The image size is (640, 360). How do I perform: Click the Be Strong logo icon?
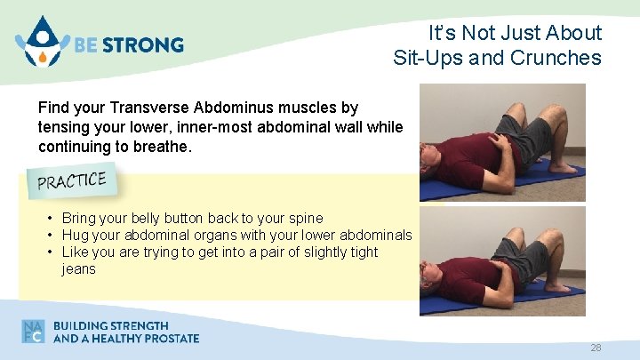tap(38, 42)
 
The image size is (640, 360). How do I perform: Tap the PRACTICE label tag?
tap(72, 181)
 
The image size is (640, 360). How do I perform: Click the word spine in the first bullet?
tap(304, 218)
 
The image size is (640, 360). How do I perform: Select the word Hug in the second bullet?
tap(76, 235)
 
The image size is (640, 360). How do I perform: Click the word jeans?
tap(78, 268)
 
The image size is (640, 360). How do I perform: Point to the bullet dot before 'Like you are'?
tap(52, 252)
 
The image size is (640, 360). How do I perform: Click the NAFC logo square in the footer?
tap(34, 331)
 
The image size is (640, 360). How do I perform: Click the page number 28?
tap(596, 348)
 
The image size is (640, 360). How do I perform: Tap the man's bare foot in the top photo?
tap(564, 166)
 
